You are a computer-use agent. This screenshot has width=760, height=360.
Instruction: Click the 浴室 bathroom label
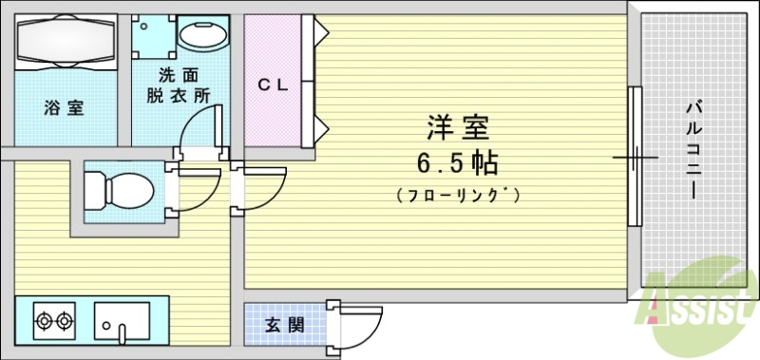click(64, 107)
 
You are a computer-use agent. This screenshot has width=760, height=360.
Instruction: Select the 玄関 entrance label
click(284, 324)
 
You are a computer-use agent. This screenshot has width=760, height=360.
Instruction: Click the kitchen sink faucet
click(122, 332)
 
